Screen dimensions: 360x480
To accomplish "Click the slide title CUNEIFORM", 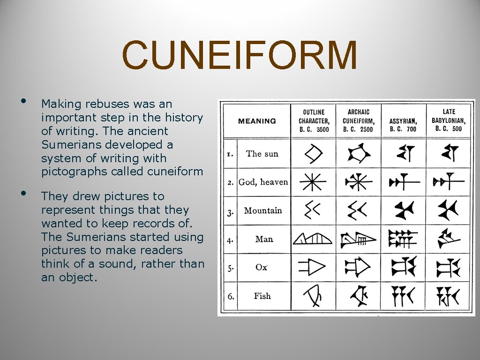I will click(x=240, y=55).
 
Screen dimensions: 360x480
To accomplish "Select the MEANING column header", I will click(x=257, y=121).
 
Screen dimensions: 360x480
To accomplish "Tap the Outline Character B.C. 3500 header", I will click(x=314, y=120).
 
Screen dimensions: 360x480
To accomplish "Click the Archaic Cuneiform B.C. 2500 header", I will click(x=358, y=120).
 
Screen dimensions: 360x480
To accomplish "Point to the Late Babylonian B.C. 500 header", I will click(x=448, y=120).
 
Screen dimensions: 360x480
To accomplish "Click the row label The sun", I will click(x=262, y=154).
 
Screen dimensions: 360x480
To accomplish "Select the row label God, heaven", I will click(x=263, y=182).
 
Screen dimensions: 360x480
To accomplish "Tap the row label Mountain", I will click(x=263, y=210).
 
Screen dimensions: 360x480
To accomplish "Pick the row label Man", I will click(x=264, y=239).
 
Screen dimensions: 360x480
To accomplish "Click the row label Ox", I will click(x=261, y=267).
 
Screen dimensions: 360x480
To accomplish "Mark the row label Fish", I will click(x=262, y=296).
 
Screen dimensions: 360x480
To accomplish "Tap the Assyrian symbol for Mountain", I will click(x=403, y=210).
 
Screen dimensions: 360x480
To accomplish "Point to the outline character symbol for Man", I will click(x=313, y=239).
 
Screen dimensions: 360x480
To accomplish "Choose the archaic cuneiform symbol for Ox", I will click(x=358, y=267).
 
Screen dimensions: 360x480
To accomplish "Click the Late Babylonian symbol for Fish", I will click(x=448, y=296).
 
